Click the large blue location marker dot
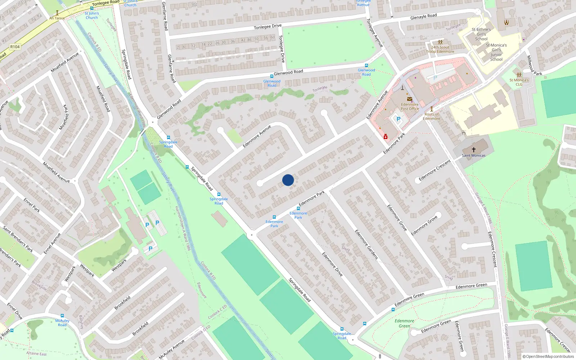[x=288, y=180]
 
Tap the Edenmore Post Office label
[x=410, y=107]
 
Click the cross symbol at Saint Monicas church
[x=474, y=149]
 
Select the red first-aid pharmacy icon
[x=386, y=136]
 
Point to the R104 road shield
[x=15, y=47]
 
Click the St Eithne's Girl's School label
[x=481, y=34]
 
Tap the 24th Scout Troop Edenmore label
[x=440, y=49]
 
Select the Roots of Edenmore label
[x=431, y=116]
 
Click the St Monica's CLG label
[x=519, y=82]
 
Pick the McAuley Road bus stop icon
[x=62, y=316]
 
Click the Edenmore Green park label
[x=404, y=323]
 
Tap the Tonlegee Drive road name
[x=267, y=27]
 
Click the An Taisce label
[x=57, y=18]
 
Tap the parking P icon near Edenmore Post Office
[x=398, y=119]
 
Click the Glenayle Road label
[x=423, y=17]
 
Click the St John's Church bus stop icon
[x=92, y=8]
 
